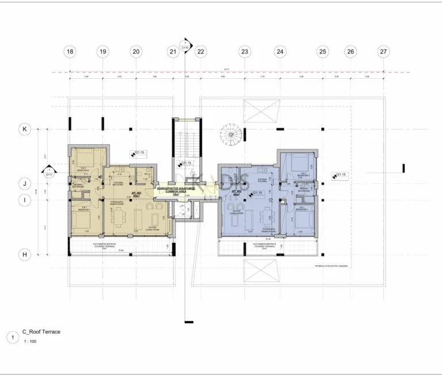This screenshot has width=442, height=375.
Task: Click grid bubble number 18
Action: click(x=70, y=52)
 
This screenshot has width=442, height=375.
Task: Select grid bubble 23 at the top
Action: click(x=245, y=52)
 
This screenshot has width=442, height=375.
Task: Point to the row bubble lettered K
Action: click(x=25, y=129)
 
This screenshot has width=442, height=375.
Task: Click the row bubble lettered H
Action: click(x=25, y=254)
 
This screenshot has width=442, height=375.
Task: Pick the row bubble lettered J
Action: click(x=25, y=184)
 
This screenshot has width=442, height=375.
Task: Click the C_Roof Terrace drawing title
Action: click(x=41, y=332)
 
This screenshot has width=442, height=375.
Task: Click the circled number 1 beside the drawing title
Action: click(x=12, y=337)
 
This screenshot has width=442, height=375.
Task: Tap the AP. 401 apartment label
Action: click(x=138, y=193)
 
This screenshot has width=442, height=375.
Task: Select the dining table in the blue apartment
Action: click(x=265, y=217)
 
